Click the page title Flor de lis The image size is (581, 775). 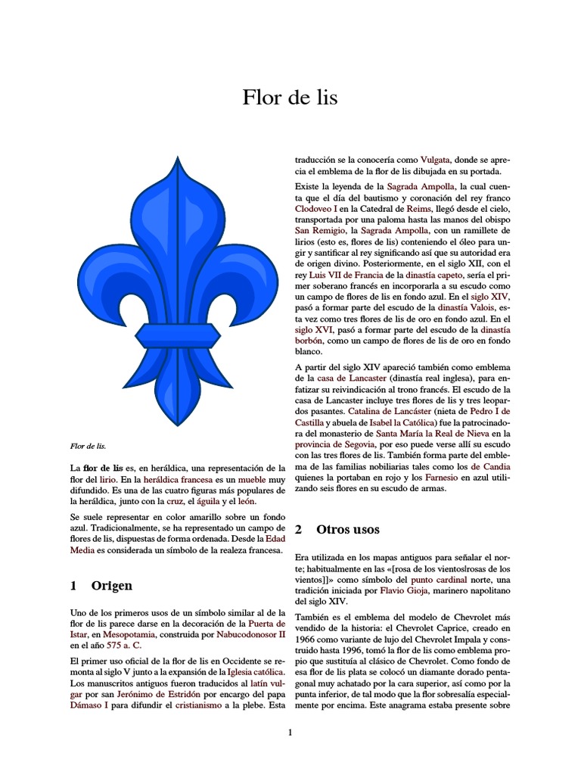(290, 98)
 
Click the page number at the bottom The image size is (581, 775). (290, 732)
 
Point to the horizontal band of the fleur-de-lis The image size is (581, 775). (179, 334)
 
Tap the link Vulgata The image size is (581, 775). (435, 160)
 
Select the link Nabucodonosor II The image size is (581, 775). (250, 634)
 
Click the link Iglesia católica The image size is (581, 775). (255, 671)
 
